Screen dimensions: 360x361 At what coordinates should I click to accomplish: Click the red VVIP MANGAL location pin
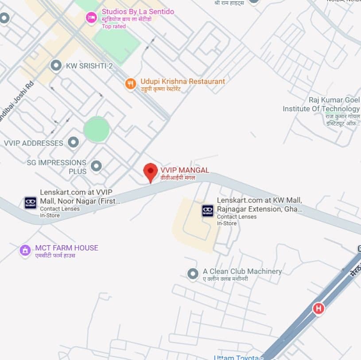tap(151, 172)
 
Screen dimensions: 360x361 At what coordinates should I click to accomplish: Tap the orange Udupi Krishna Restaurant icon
tap(130, 83)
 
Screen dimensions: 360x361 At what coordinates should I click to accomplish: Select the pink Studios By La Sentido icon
tap(91, 17)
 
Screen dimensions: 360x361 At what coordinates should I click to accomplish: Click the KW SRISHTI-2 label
tap(89, 66)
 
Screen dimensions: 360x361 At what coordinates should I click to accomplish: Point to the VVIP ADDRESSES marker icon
tap(73, 143)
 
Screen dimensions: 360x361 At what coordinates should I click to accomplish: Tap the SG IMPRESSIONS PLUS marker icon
tap(96, 166)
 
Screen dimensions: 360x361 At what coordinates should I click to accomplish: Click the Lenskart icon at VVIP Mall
tap(31, 203)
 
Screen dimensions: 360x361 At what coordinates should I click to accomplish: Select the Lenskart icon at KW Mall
tap(207, 211)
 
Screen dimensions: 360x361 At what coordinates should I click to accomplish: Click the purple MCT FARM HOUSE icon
tap(25, 250)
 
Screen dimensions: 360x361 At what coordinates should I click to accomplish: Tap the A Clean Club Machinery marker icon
tap(193, 274)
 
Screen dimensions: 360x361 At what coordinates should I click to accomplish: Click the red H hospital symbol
tap(318, 308)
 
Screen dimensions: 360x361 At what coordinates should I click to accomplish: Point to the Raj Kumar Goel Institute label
tap(322, 105)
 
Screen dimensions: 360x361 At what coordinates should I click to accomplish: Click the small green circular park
tap(97, 129)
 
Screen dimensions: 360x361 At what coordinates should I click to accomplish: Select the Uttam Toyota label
tap(237, 357)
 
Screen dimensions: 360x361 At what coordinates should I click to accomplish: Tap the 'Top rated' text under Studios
tap(114, 27)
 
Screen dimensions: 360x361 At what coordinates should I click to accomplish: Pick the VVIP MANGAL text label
tap(185, 170)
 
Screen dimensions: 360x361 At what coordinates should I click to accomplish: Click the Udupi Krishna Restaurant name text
tap(182, 82)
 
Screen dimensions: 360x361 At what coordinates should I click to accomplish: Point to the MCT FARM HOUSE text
tap(66, 248)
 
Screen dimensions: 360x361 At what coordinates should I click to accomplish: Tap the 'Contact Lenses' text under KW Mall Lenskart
tap(237, 217)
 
